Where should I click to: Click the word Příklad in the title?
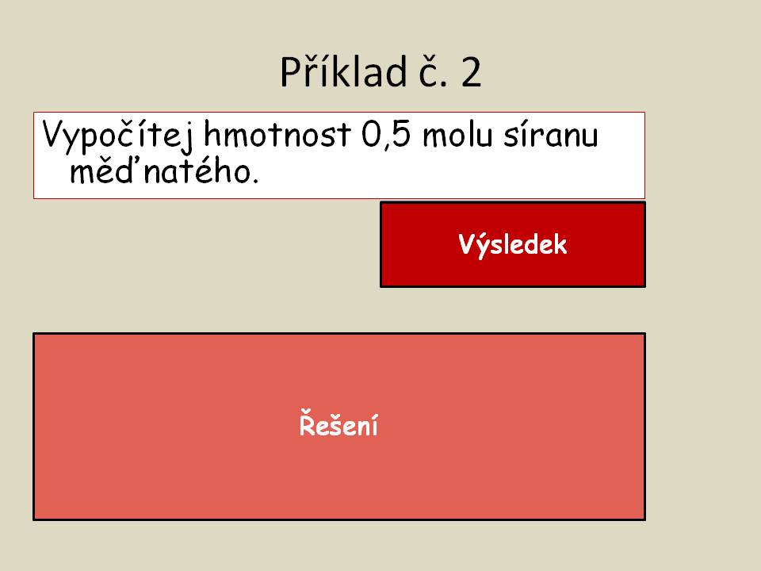[343, 72]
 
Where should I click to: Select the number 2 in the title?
[471, 72]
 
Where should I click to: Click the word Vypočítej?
[117, 136]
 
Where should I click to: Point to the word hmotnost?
[277, 134]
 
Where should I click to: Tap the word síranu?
[550, 135]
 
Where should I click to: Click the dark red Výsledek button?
[513, 244]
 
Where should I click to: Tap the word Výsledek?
[513, 244]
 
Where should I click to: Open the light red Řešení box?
[338, 427]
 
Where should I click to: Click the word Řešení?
[338, 423]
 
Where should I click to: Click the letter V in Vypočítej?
[54, 133]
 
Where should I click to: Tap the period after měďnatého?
[255, 181]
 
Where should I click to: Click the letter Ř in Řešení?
[308, 423]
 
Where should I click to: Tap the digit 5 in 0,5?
[401, 134]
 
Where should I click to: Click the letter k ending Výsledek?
[560, 244]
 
